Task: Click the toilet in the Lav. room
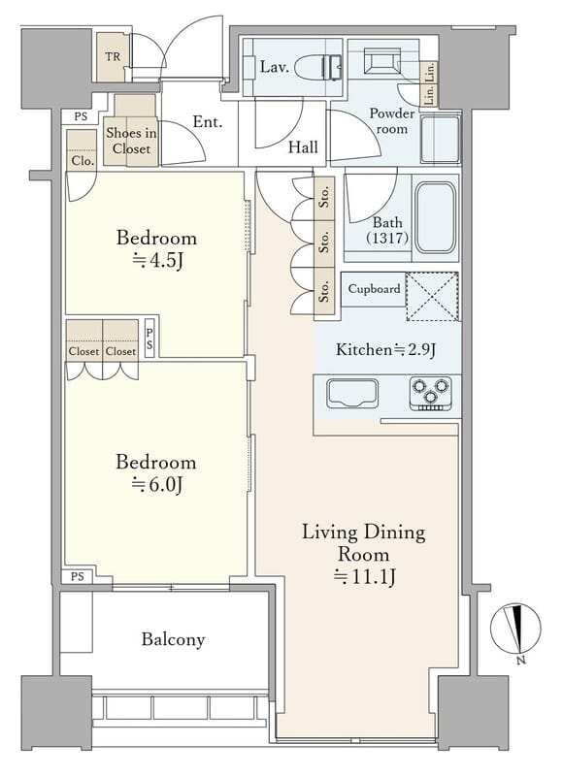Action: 319,67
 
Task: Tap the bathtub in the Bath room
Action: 435,217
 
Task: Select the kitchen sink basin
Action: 352,394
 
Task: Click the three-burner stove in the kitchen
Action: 431,394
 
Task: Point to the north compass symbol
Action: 515,629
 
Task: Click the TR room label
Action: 113,56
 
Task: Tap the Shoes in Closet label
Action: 131,141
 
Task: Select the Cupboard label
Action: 374,288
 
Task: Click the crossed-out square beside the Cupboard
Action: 432,297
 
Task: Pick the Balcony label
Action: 173,639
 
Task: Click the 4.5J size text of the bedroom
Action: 157,260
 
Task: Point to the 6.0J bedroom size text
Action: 157,484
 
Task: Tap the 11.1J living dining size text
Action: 364,576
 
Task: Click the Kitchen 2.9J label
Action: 385,350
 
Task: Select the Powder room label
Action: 392,120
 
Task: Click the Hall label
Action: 303,147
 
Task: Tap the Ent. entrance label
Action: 208,122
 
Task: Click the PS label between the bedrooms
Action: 149,340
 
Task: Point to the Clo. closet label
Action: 83,161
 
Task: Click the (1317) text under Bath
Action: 387,239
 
